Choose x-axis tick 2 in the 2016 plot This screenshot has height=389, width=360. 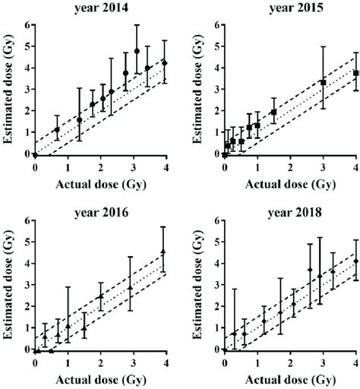[x=99, y=363]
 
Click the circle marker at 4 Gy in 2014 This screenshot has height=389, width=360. [x=165, y=63]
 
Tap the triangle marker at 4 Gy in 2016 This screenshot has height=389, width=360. [x=163, y=251]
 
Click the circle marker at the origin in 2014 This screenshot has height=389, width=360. [x=35, y=154]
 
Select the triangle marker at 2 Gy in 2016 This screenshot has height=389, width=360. [x=100, y=296]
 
